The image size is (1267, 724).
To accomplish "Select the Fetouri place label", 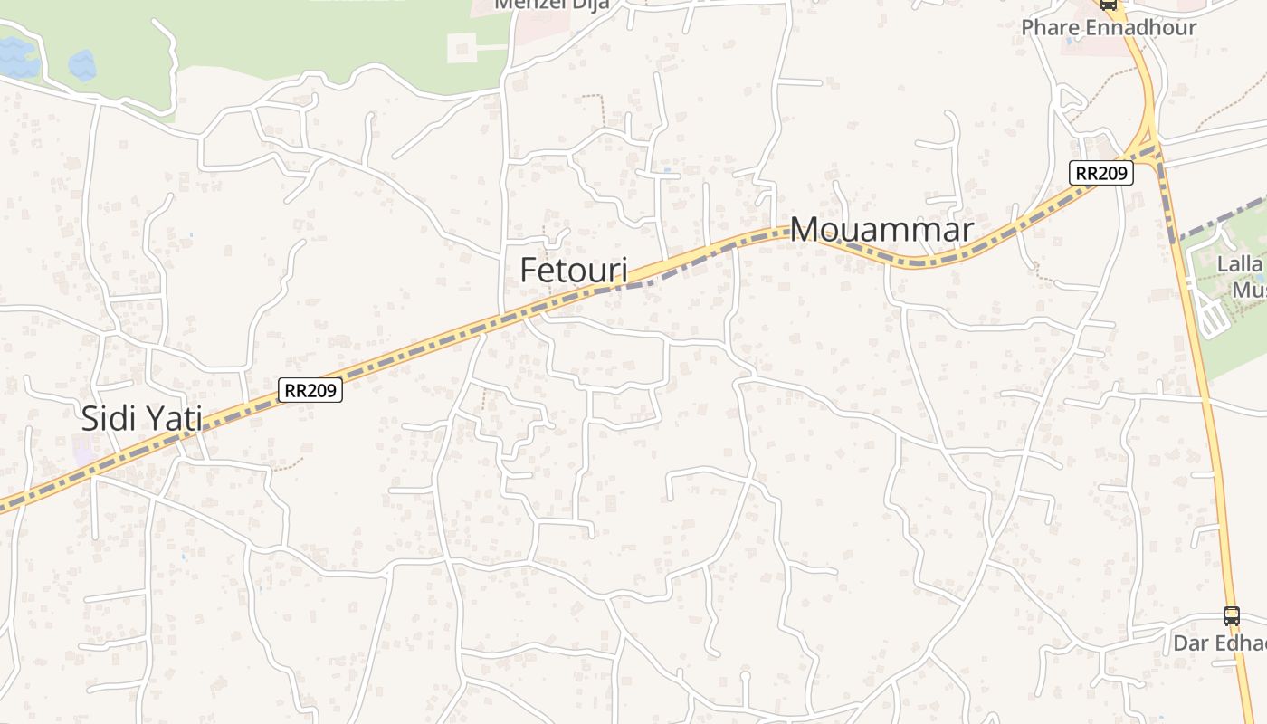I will (574, 270).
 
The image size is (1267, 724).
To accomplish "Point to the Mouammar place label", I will (881, 230).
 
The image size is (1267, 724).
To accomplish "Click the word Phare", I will (1051, 27).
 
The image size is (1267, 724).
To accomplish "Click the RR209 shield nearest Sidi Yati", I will (310, 390).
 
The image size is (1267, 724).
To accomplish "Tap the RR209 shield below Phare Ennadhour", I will (1100, 173).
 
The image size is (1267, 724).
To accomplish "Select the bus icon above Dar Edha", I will (1231, 616).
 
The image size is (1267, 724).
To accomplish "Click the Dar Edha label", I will (1219, 643).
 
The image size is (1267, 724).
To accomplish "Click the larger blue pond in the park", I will (18, 58).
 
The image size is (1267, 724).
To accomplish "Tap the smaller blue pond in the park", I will (81, 65).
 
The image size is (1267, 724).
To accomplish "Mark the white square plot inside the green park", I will (462, 48).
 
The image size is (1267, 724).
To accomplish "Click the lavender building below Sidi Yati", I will (86, 450).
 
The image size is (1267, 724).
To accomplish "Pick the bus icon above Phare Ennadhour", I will (1109, 4).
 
